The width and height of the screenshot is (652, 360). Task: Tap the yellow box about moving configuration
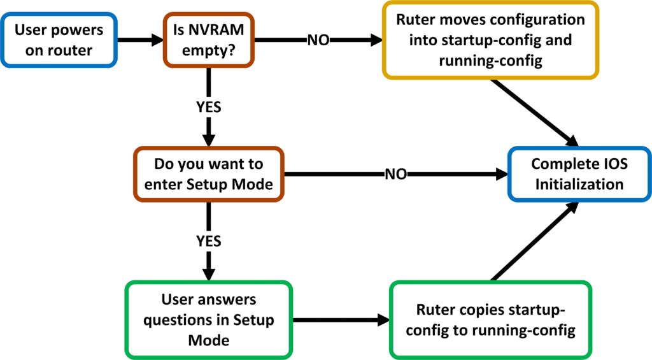click(x=490, y=40)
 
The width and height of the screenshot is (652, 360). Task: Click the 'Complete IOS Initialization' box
click(x=579, y=174)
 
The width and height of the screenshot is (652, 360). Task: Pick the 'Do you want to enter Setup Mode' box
click(x=208, y=174)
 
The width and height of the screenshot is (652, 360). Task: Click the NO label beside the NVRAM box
click(x=318, y=40)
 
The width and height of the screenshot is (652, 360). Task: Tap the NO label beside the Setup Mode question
click(x=395, y=174)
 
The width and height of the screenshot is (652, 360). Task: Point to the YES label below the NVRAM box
click(x=208, y=107)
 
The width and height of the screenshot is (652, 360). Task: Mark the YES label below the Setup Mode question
click(x=208, y=241)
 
